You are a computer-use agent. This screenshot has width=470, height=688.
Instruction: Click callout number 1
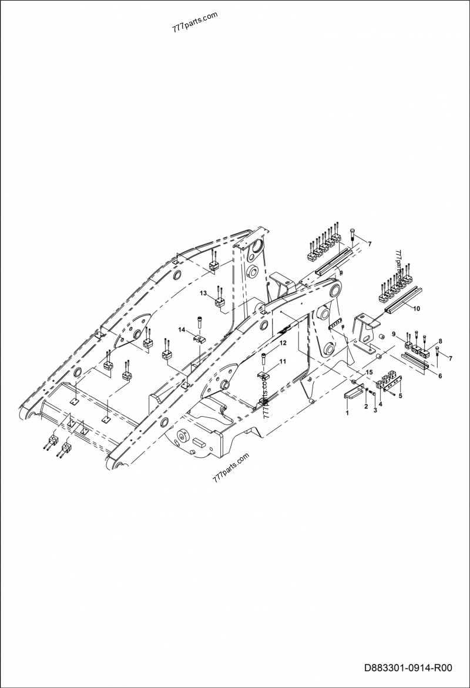pyautogui.click(x=347, y=413)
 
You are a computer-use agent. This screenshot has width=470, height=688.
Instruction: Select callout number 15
pyautogui.click(x=369, y=373)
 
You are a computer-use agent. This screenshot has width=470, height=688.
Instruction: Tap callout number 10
pyautogui.click(x=417, y=308)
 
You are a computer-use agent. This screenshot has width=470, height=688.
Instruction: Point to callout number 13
pyautogui.click(x=203, y=292)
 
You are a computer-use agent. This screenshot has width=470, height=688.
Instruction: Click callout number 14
pyautogui.click(x=182, y=331)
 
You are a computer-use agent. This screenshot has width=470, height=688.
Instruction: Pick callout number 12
pyautogui.click(x=283, y=343)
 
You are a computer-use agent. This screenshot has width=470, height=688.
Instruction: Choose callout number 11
pyautogui.click(x=283, y=362)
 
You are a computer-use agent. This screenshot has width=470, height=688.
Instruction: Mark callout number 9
pyautogui.click(x=394, y=335)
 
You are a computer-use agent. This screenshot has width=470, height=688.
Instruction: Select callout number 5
pyautogui.click(x=401, y=396)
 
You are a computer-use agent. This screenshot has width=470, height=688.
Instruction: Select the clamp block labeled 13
pyautogui.click(x=220, y=303)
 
